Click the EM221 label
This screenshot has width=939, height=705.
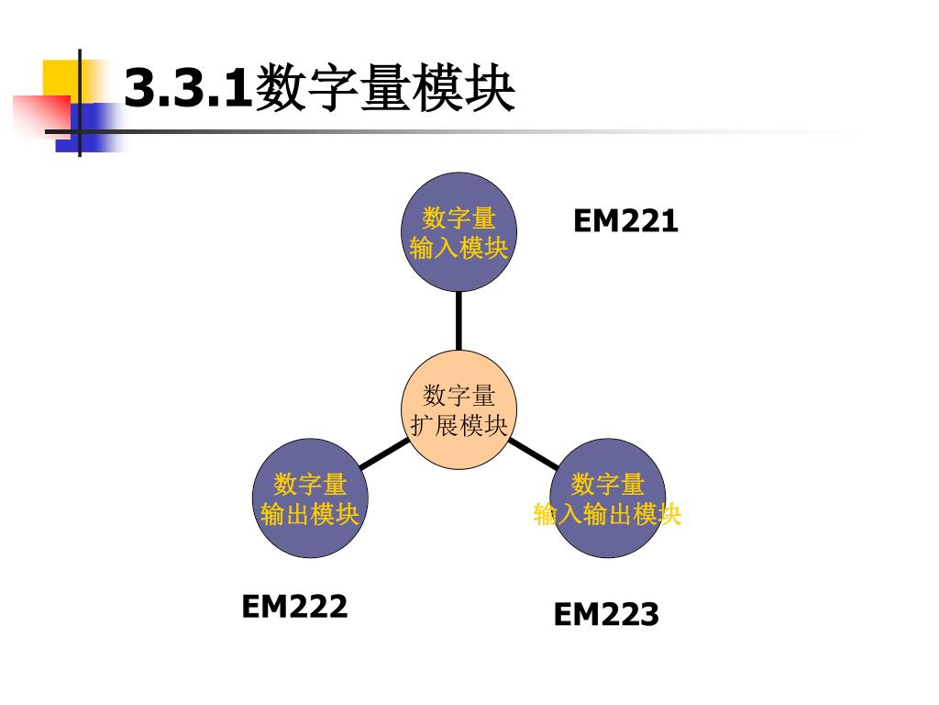click(x=625, y=221)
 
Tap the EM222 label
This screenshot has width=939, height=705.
click(x=294, y=606)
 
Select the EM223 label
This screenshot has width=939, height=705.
click(x=605, y=614)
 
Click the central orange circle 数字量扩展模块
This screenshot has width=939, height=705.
click(x=458, y=410)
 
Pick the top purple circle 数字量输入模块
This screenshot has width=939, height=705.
click(x=459, y=232)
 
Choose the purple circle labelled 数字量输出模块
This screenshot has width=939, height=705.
click(x=310, y=499)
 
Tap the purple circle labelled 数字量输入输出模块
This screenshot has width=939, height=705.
click(x=607, y=499)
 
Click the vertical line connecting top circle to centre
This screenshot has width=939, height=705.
click(x=458, y=320)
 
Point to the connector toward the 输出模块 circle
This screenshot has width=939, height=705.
click(x=384, y=453)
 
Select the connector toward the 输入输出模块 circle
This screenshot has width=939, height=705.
click(x=533, y=452)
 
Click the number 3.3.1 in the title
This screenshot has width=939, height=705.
click(x=187, y=89)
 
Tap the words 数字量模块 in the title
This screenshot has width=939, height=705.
click(x=385, y=89)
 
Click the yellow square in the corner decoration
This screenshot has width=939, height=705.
click(x=61, y=77)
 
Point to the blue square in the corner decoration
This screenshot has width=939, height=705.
click(x=88, y=125)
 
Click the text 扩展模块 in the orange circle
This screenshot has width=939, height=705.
click(x=458, y=426)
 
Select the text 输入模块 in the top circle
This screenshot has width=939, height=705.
click(x=459, y=248)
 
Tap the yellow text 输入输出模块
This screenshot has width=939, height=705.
click(x=607, y=514)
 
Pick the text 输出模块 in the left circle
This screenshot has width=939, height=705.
click(x=310, y=514)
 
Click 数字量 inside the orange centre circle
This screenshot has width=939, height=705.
click(x=458, y=396)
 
